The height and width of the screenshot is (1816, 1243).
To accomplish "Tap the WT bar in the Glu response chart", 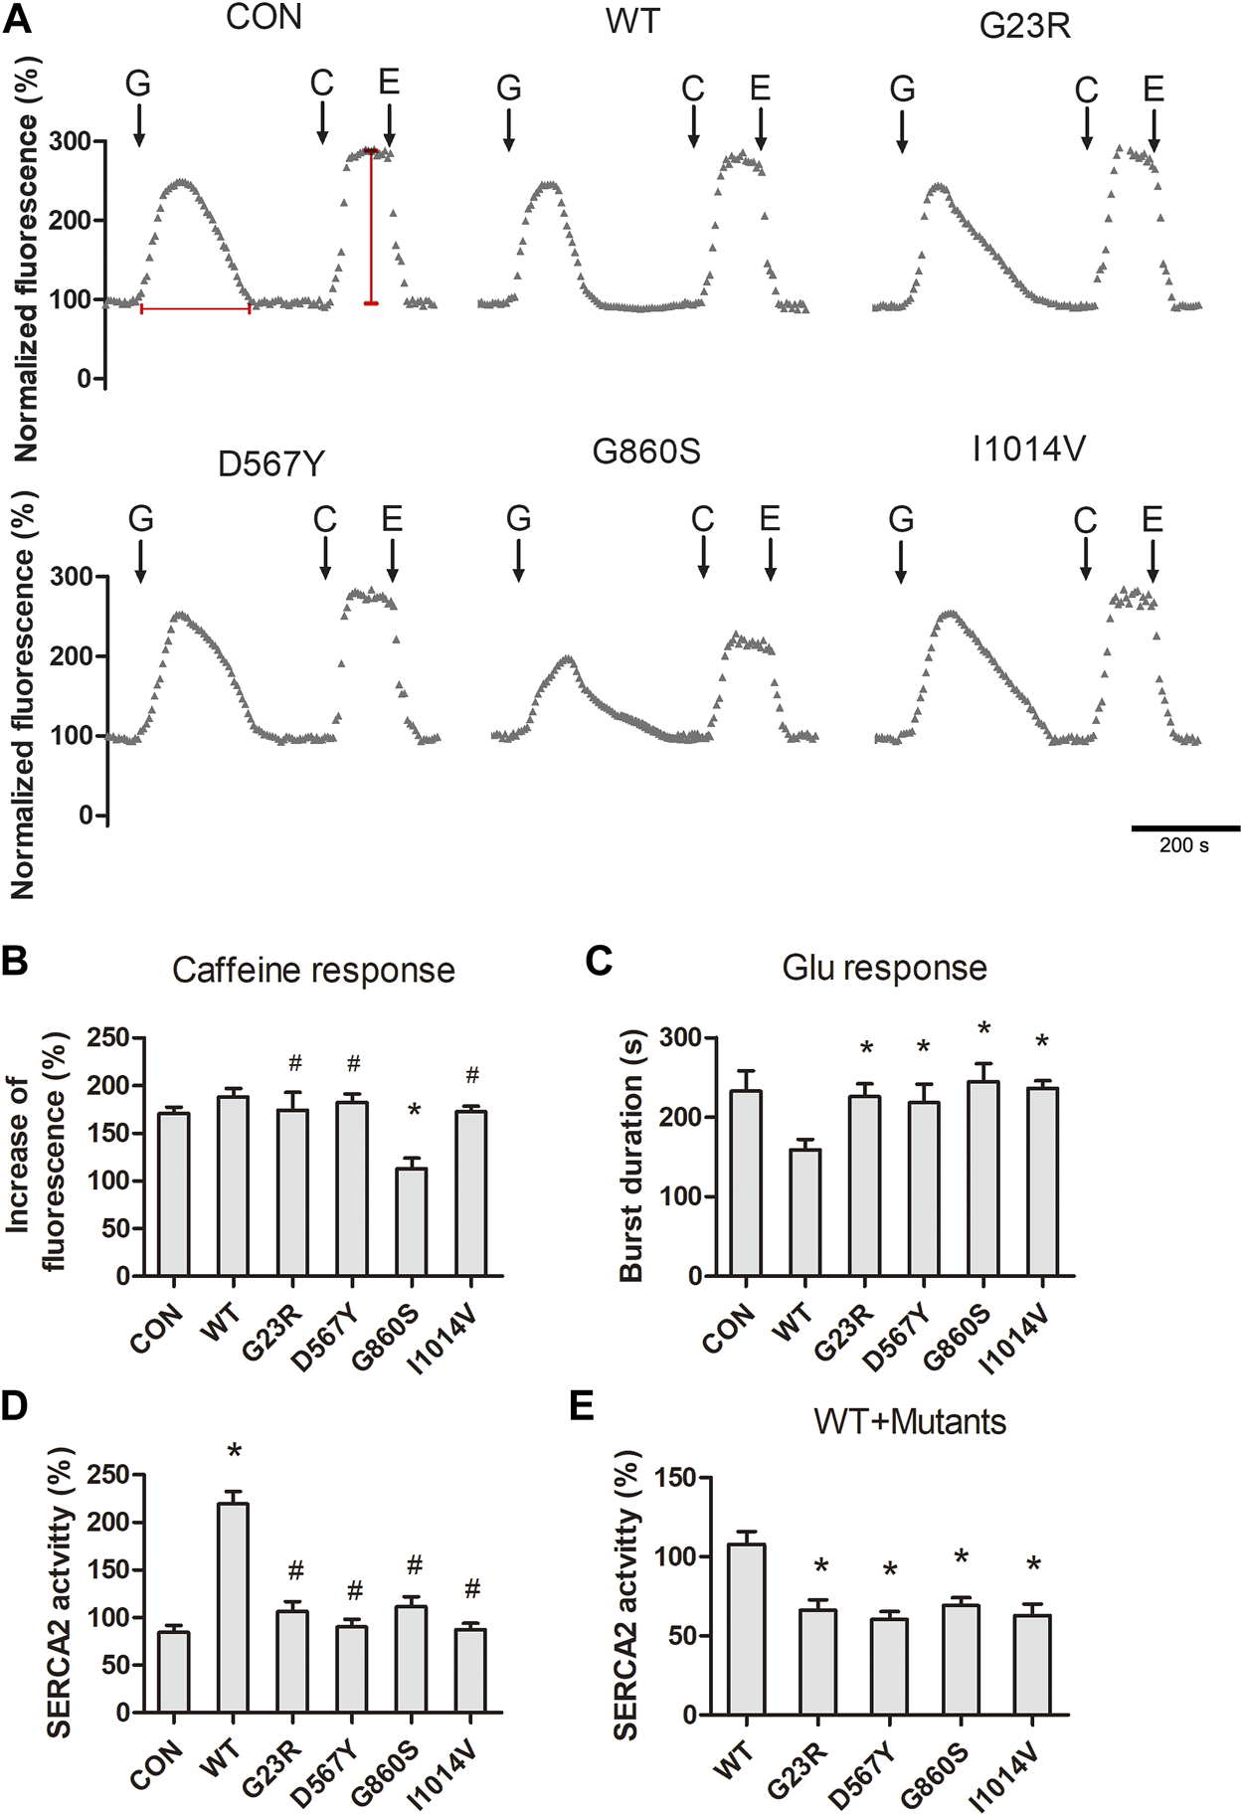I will (804, 1212).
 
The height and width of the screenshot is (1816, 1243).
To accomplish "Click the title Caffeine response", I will (313, 970).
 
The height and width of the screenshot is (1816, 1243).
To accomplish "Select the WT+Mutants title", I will (909, 1421).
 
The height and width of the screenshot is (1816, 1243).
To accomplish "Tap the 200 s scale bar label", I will (1183, 846).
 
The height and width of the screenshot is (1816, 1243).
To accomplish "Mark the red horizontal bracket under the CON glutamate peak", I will (195, 309).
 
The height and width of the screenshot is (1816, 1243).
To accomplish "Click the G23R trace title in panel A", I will (1024, 25).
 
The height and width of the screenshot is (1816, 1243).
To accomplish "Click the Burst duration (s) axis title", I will (632, 1157).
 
